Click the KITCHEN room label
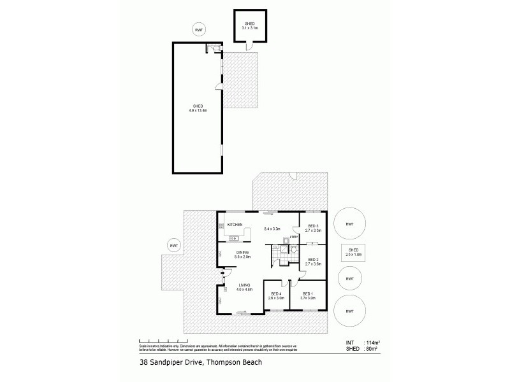pyautogui.click(x=234, y=224)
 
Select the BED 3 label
pyautogui.click(x=313, y=225)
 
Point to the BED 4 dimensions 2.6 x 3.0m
pyautogui.click(x=276, y=297)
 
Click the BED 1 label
pyautogui.click(x=309, y=293)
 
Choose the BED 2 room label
pyautogui.click(x=313, y=259)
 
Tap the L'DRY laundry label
pyautogui.click(x=293, y=237)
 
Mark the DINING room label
pyautogui.click(x=243, y=252)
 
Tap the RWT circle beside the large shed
pyautogui.click(x=200, y=29)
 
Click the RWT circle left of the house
pyautogui.click(x=173, y=245)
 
